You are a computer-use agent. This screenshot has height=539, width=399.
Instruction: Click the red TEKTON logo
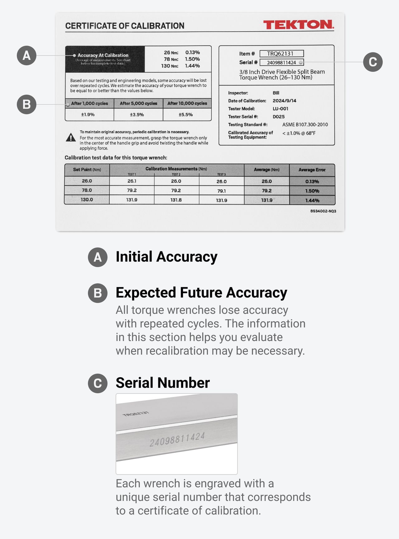(x=298, y=25)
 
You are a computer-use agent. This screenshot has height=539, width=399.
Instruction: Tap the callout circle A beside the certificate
(x=26, y=56)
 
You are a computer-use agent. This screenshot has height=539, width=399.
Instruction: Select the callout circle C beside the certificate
(x=373, y=62)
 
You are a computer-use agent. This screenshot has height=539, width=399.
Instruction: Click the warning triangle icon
(x=71, y=137)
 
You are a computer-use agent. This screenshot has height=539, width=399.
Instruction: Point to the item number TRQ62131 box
(x=281, y=54)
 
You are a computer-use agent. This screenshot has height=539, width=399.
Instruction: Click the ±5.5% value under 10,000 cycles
(x=186, y=115)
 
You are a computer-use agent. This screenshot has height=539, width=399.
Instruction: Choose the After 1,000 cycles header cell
(x=89, y=103)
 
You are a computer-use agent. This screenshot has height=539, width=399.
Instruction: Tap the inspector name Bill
(x=276, y=93)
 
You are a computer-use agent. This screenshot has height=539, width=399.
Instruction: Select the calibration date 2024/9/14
(x=284, y=101)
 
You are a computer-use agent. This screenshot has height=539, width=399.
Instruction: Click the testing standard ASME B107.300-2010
(x=305, y=125)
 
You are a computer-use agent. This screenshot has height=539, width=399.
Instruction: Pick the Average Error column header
(x=312, y=170)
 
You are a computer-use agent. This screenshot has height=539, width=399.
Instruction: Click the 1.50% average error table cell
(x=312, y=191)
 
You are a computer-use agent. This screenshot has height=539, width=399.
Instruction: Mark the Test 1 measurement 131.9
(x=132, y=200)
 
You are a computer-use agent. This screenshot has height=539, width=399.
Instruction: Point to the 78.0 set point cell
(x=87, y=190)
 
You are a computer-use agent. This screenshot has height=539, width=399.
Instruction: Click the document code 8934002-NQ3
(x=323, y=211)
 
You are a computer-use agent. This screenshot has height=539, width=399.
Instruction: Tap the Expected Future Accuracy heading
(x=201, y=293)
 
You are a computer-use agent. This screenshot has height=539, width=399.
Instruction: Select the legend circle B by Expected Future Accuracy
(x=98, y=293)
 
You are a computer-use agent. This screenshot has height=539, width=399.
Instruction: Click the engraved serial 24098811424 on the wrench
(x=177, y=439)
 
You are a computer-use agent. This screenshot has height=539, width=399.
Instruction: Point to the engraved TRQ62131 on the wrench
(x=136, y=414)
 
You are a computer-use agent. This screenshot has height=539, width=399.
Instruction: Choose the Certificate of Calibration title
(x=125, y=26)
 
